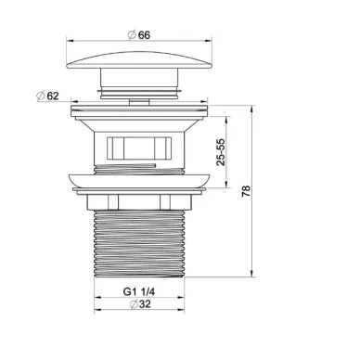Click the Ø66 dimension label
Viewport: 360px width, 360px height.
coord(139,34)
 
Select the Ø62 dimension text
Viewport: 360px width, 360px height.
coord(47,96)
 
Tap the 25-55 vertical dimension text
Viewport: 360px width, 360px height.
coord(221,152)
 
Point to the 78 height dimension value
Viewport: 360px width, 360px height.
coord(246,191)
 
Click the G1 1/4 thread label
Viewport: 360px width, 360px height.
coord(139,291)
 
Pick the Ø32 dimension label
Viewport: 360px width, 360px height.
coord(140,304)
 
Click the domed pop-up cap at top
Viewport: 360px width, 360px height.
coord(139,60)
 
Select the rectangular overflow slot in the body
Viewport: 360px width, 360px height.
coord(139,148)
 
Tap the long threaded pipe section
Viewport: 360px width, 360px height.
coord(139,244)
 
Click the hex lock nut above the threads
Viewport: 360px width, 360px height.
coord(139,202)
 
